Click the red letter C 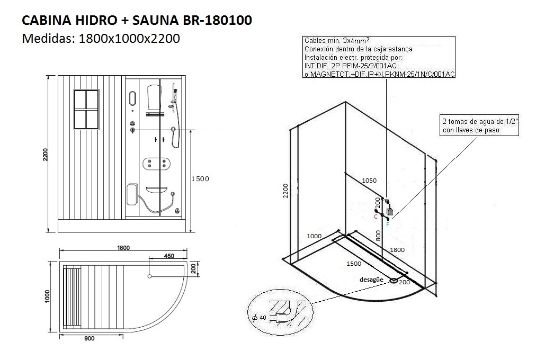click(x=376, y=217)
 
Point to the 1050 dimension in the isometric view click(x=369, y=181)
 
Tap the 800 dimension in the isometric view click(x=378, y=235)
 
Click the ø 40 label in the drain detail click(x=260, y=318)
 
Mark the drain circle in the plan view click(x=150, y=276)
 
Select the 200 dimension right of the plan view click(x=194, y=268)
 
